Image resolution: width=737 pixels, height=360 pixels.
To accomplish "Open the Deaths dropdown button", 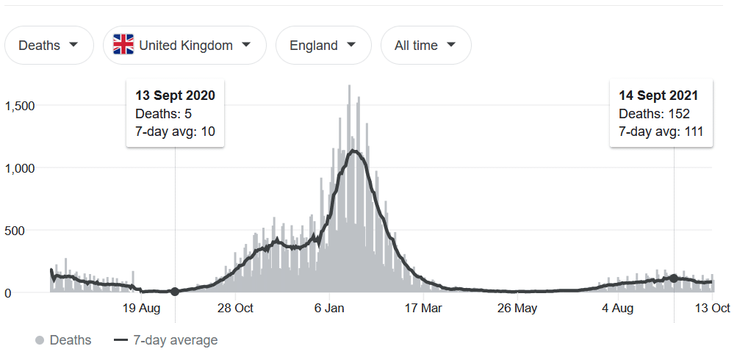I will click(48, 46).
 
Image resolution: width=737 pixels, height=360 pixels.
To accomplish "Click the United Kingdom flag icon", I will click(123, 46).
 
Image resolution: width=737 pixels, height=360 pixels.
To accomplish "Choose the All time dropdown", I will click(425, 46).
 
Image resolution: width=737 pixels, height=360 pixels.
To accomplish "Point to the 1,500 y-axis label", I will click(20, 106).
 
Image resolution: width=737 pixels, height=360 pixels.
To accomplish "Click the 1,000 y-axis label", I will click(20, 168).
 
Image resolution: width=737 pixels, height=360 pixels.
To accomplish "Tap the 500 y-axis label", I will click(24, 231).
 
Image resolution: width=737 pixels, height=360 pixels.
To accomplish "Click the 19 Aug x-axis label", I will click(140, 309).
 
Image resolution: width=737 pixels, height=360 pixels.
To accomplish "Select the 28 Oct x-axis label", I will click(235, 309).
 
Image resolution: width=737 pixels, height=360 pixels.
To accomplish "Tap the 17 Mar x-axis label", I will click(424, 309).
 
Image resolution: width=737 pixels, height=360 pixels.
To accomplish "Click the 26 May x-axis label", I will click(517, 309).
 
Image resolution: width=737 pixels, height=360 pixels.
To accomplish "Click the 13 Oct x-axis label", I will click(712, 309).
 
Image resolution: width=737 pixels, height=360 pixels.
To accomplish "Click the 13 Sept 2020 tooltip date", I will click(175, 96).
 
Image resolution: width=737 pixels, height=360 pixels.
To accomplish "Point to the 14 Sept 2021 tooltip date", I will click(658, 96).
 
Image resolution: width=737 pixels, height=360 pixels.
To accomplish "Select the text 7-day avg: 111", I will click(661, 132).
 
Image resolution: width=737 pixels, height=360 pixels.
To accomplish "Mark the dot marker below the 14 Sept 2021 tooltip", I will click(674, 278).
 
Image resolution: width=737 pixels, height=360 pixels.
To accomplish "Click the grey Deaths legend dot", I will click(40, 340).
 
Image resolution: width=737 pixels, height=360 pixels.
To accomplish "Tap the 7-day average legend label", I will click(175, 340).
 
